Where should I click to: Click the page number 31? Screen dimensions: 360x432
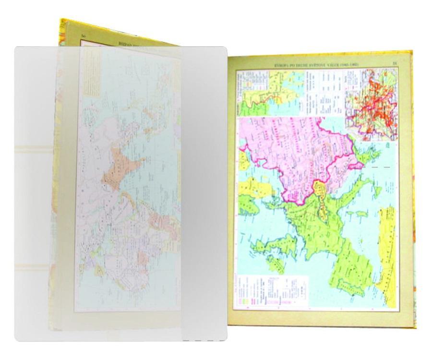(x=395, y=63)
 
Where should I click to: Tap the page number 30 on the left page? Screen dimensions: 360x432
(x=83, y=36)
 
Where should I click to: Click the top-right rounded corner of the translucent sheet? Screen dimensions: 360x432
(x=222, y=50)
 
